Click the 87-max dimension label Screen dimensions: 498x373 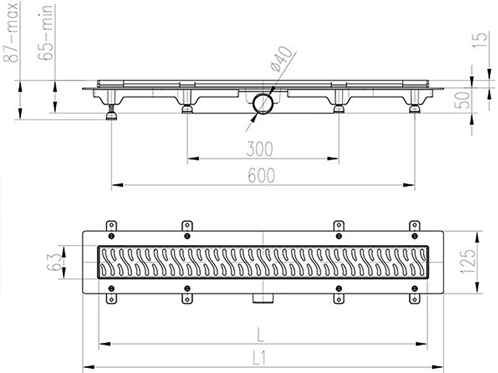pos(10,32)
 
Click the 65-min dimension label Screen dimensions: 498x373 pos(45,32)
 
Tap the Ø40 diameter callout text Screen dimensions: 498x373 pos(281,59)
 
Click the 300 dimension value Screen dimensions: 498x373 pos(259,149)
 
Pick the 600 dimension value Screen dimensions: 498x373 pos(261,175)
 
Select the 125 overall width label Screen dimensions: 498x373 pos(468,262)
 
